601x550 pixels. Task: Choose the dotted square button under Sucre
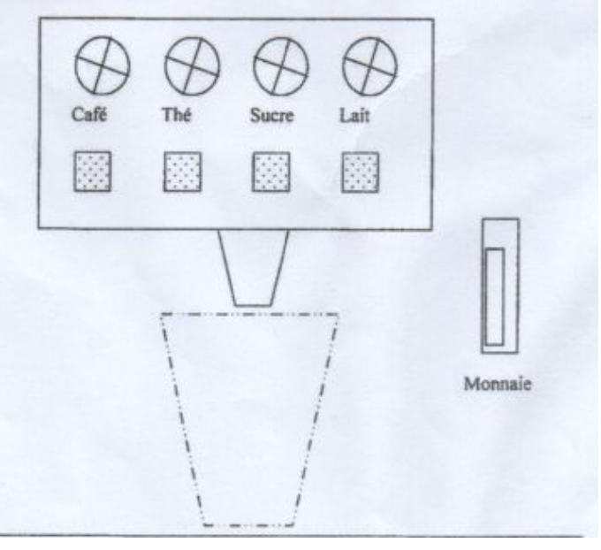tap(271, 172)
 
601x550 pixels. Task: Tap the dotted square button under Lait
tap(361, 172)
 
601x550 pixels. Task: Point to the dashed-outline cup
tap(249, 416)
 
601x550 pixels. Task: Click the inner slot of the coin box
tap(495, 296)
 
